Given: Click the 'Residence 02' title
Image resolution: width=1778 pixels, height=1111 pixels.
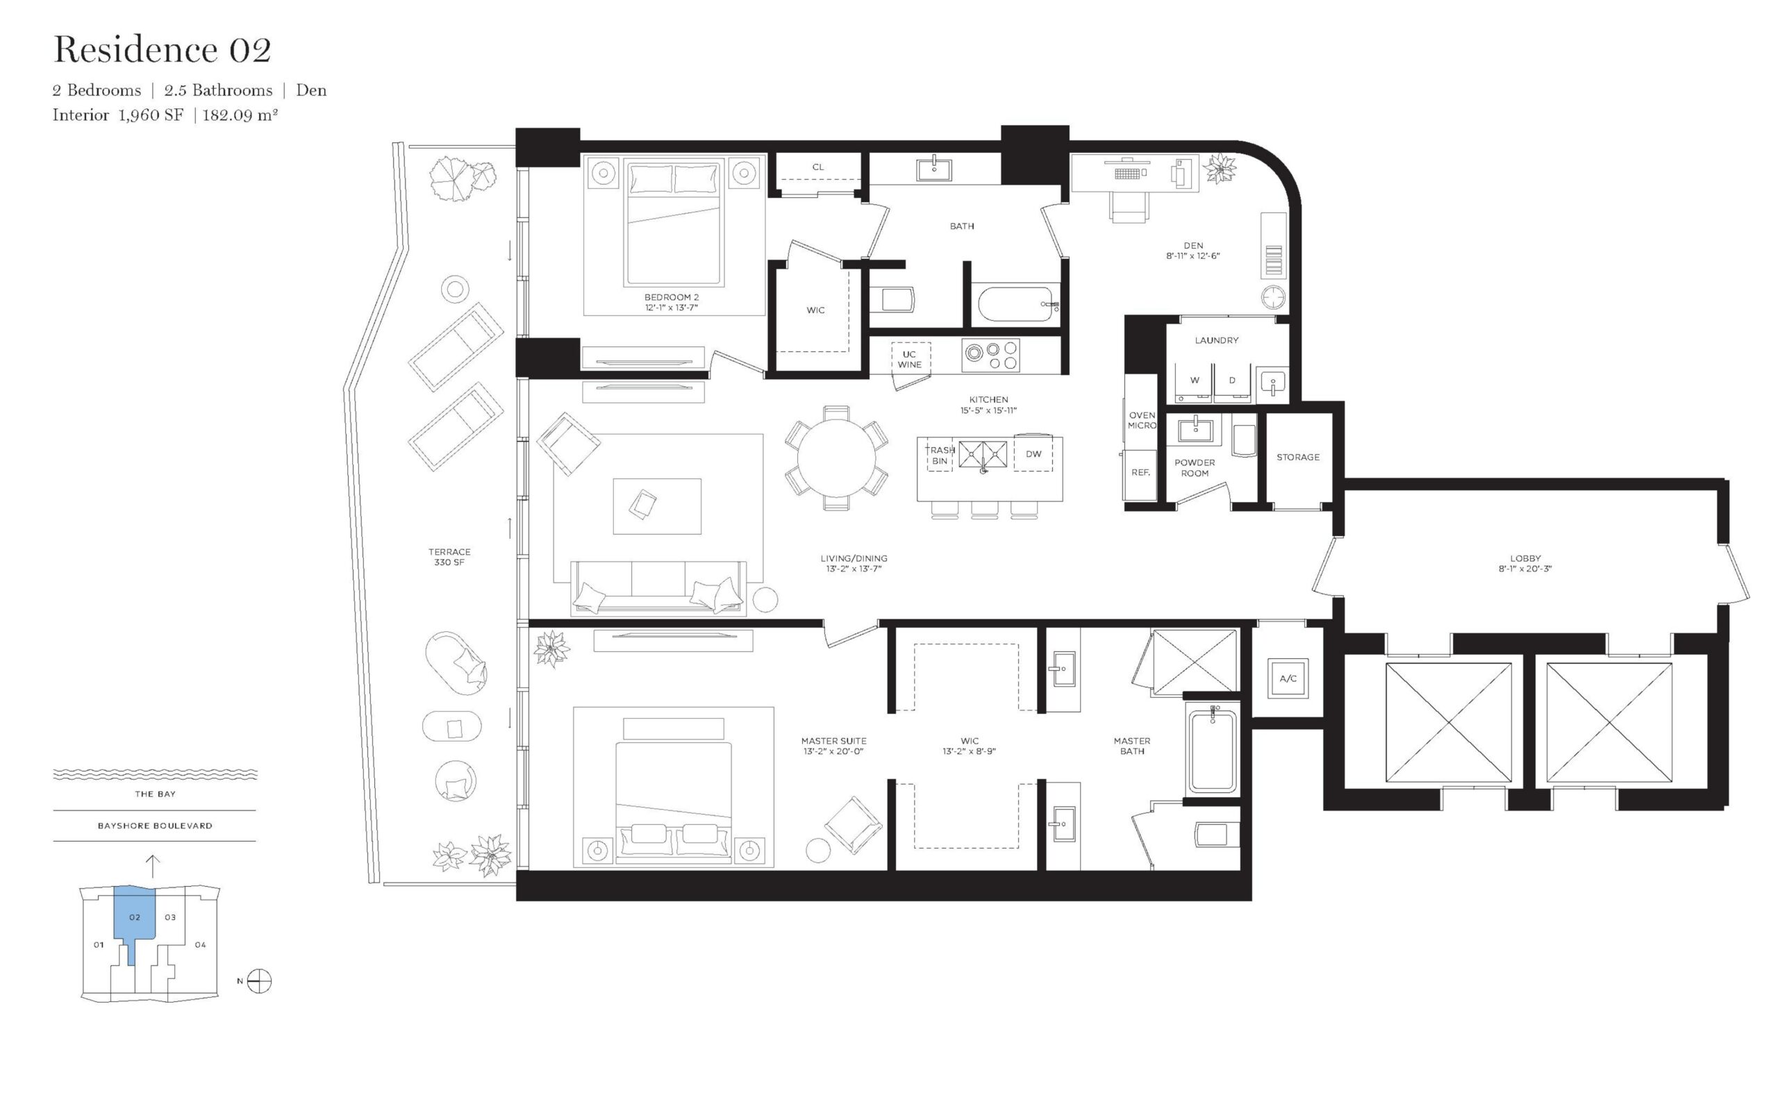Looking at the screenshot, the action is coord(163,50).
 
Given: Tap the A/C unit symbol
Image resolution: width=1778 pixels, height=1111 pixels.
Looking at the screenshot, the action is coord(1288,678).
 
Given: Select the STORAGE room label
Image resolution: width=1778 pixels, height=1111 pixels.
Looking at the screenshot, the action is coord(1298,457).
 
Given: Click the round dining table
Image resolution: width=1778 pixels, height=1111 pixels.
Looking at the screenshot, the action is coord(836,457).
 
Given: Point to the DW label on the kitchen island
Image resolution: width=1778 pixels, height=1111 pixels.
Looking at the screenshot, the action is coord(1033,454).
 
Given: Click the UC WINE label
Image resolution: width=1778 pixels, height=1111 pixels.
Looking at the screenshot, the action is coord(910,359).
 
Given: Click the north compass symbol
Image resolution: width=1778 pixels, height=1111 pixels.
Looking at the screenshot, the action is coord(259,981).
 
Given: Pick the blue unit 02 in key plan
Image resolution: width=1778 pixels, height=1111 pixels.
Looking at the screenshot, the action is coord(134,918).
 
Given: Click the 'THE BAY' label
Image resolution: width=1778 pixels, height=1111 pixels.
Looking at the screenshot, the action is coord(155,794).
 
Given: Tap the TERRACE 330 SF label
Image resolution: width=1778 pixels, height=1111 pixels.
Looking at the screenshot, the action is coord(449,557).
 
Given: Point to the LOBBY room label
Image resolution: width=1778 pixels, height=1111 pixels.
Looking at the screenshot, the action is coord(1526,558).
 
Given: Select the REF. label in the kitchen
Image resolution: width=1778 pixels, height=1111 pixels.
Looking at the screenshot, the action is coord(1140,472).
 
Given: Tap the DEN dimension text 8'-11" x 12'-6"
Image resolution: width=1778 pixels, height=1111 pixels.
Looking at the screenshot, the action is coord(1193,256).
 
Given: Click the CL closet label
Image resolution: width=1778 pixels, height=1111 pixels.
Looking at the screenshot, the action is coord(817,167).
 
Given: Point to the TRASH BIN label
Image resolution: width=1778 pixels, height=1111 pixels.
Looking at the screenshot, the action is coord(940,456).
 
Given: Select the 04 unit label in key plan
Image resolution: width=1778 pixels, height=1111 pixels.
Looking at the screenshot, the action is coord(201,945).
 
